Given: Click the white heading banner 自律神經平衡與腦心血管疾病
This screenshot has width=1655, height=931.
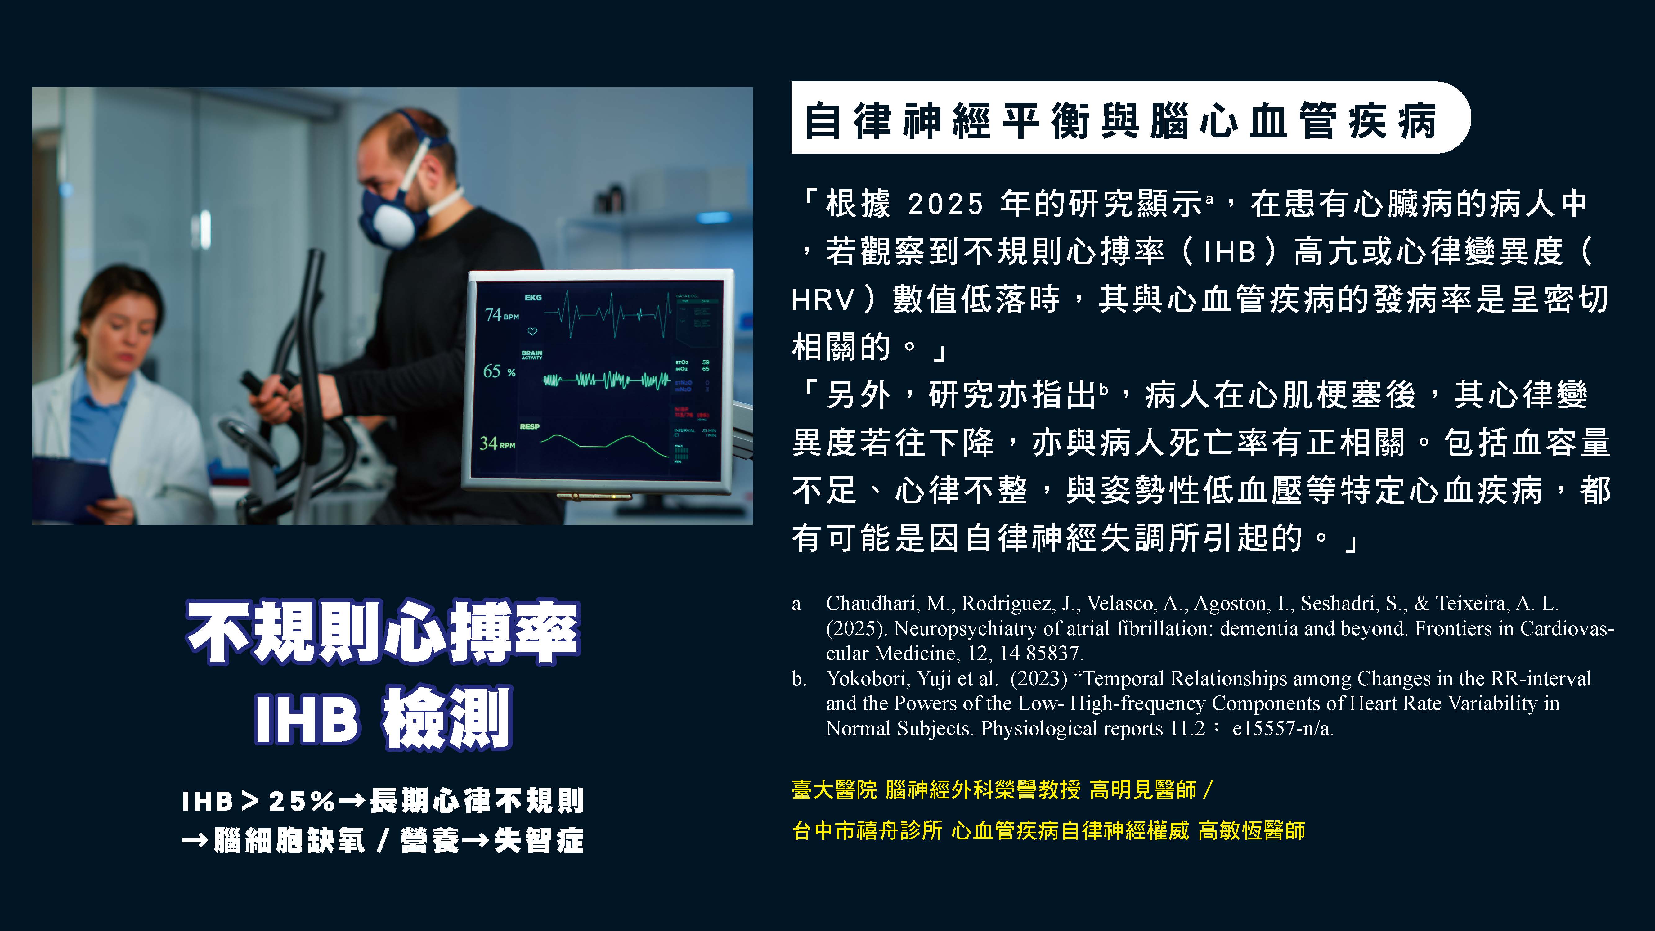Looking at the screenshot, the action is pyautogui.click(x=1131, y=118).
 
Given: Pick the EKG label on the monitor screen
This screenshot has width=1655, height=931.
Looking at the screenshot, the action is pyautogui.click(x=533, y=298).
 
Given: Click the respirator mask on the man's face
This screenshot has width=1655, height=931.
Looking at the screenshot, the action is pyautogui.click(x=392, y=209).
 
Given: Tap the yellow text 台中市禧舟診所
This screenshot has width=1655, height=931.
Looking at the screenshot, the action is pyautogui.click(x=867, y=831).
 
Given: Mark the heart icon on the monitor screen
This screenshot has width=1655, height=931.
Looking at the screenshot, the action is pyautogui.click(x=532, y=331).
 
